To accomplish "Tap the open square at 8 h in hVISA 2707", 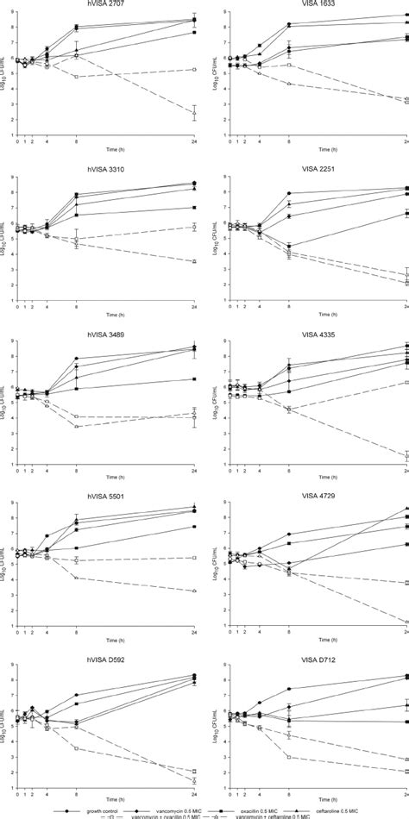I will pyautogui.click(x=77, y=77).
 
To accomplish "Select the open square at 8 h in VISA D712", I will pyautogui.click(x=288, y=757).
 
